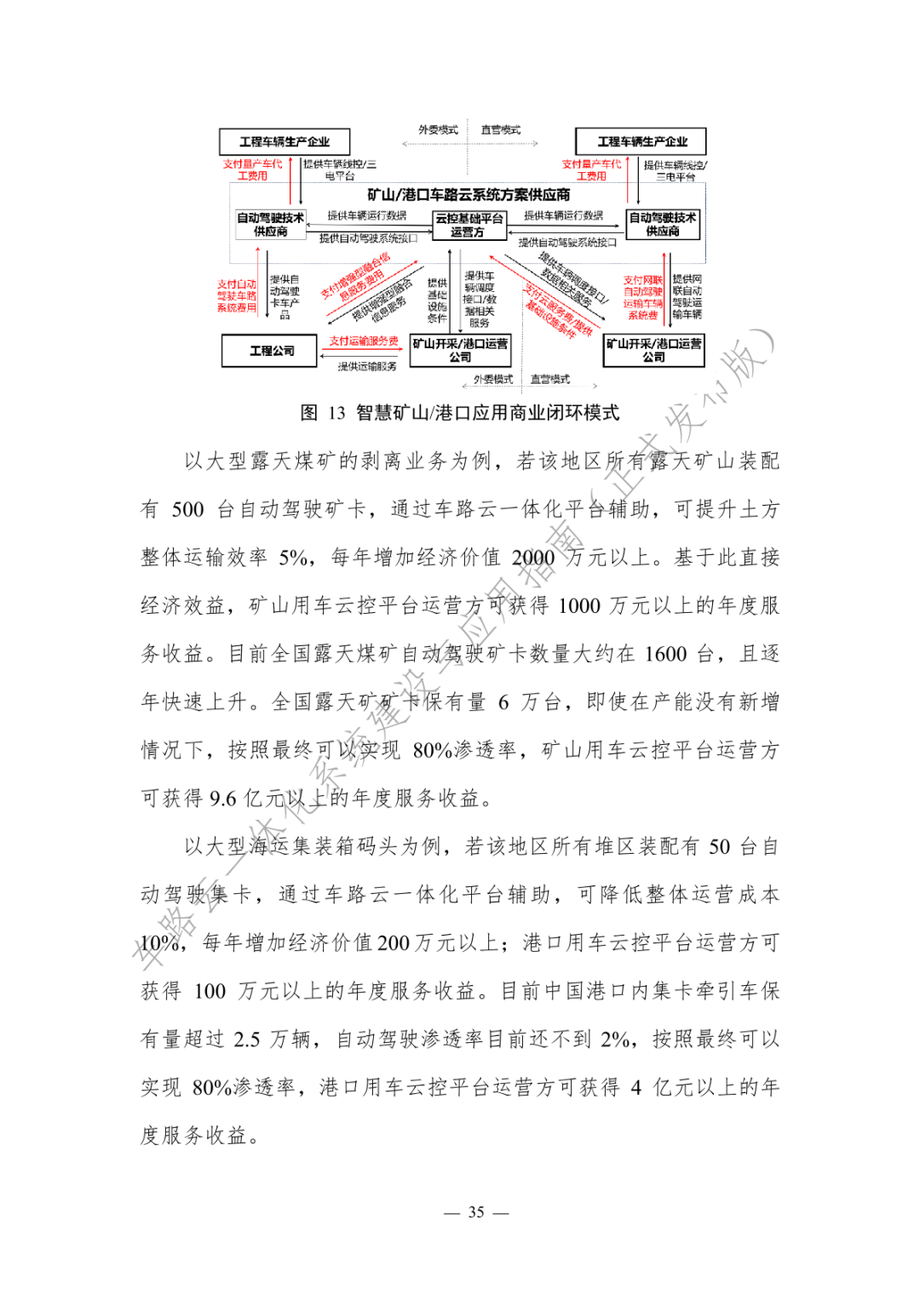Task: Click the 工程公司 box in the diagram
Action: tap(272, 351)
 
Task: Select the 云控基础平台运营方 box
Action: tap(469, 225)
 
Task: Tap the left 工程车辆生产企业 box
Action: tap(285, 141)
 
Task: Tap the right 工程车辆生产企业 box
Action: tap(641, 141)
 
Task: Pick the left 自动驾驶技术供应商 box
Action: tap(270, 225)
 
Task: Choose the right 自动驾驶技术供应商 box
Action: tap(663, 225)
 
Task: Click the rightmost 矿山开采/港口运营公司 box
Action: tap(653, 351)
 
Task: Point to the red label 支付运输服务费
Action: tap(364, 341)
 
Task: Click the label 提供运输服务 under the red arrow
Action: tap(367, 366)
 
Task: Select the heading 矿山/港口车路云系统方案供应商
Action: tap(469, 195)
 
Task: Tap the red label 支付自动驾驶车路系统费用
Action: tap(236, 295)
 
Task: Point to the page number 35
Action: tap(476, 1212)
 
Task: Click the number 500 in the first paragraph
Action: tap(187, 510)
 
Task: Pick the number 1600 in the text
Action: tap(665, 654)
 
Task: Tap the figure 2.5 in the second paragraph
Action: tap(247, 1039)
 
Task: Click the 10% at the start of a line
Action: tap(159, 943)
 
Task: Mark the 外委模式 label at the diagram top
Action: tap(438, 130)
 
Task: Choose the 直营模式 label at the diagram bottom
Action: tap(549, 379)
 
